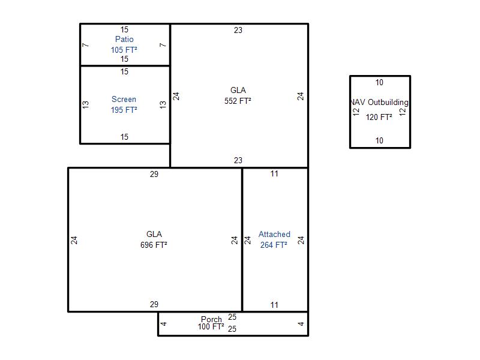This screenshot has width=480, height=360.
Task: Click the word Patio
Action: (124, 39)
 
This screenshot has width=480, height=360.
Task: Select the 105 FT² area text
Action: (124, 50)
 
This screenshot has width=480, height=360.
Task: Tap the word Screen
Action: (124, 99)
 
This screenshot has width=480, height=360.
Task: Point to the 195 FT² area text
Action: (124, 110)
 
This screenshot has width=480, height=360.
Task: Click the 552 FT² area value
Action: (238, 101)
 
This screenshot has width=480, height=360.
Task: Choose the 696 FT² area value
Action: (154, 245)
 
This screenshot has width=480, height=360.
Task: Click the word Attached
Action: (274, 234)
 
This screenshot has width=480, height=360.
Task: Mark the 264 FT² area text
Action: (274, 245)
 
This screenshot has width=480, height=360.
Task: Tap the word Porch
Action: (211, 319)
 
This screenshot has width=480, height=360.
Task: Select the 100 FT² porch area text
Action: (211, 326)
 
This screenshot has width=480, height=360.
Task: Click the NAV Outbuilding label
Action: (379, 102)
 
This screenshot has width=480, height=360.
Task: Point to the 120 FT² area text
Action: (379, 117)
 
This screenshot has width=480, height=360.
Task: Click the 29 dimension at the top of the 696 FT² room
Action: (154, 174)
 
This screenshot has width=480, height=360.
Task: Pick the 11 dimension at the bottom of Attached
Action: (274, 305)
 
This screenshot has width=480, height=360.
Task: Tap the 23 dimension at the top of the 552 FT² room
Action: (238, 30)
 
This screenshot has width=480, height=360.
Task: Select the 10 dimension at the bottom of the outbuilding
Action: (379, 140)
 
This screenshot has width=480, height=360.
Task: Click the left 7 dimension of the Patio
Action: (85, 45)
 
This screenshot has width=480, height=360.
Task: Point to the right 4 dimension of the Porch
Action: (301, 324)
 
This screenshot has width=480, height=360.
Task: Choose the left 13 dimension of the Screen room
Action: (85, 104)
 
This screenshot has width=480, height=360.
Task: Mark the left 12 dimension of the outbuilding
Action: (356, 112)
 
